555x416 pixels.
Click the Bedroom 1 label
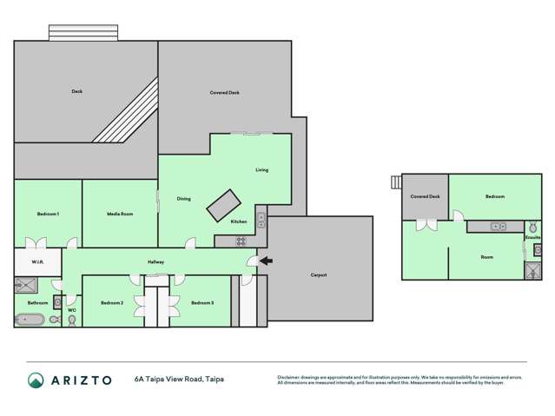(48, 214)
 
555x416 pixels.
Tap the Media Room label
(120, 214)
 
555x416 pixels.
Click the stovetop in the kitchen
(241, 241)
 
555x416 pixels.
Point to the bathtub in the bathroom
(32, 320)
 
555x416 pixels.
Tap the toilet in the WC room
(71, 320)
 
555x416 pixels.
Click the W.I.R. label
(37, 261)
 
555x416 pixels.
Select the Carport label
(319, 275)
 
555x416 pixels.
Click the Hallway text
(155, 261)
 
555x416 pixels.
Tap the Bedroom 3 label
(202, 302)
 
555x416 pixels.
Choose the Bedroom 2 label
(111, 302)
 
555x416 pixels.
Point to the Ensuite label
(532, 236)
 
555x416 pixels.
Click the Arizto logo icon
(36, 380)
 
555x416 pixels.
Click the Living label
(261, 170)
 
